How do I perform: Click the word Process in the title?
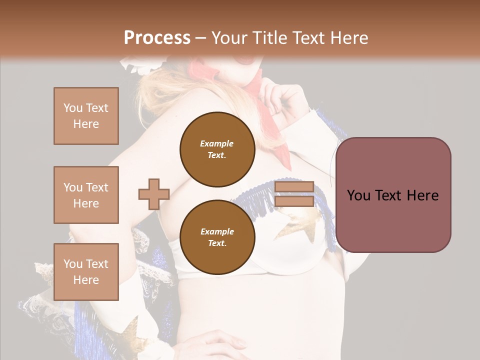(157, 37)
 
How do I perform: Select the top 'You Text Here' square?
(86, 116)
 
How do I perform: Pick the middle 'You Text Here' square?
(86, 195)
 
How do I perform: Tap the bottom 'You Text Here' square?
(86, 271)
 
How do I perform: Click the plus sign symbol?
(154, 194)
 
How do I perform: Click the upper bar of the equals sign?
(294, 187)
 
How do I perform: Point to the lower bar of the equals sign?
(294, 201)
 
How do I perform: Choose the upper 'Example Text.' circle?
(217, 149)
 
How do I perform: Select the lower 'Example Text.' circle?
(217, 237)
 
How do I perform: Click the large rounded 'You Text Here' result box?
(393, 195)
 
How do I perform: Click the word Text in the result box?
(389, 195)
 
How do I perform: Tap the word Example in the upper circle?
(217, 143)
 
